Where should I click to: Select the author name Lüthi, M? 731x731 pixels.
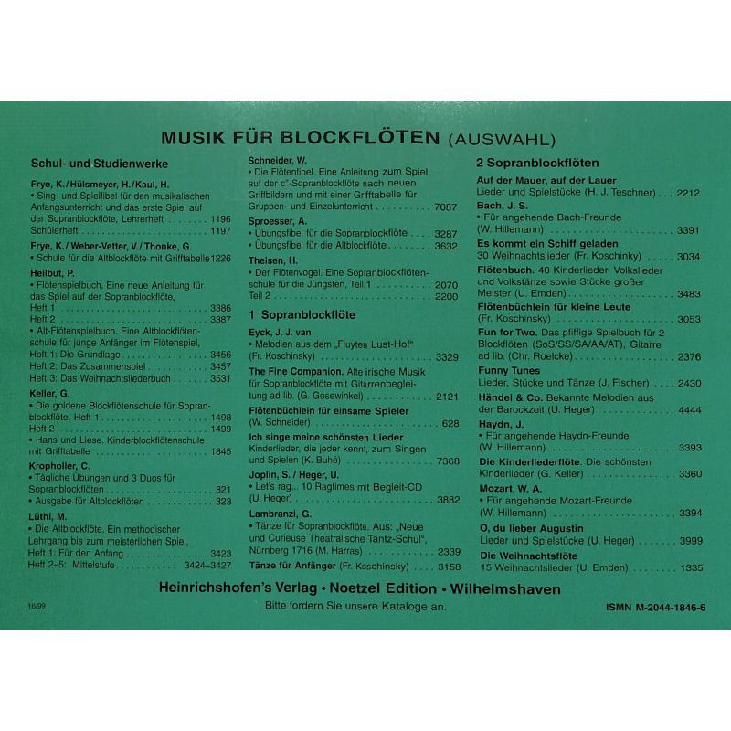tap(49, 515)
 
